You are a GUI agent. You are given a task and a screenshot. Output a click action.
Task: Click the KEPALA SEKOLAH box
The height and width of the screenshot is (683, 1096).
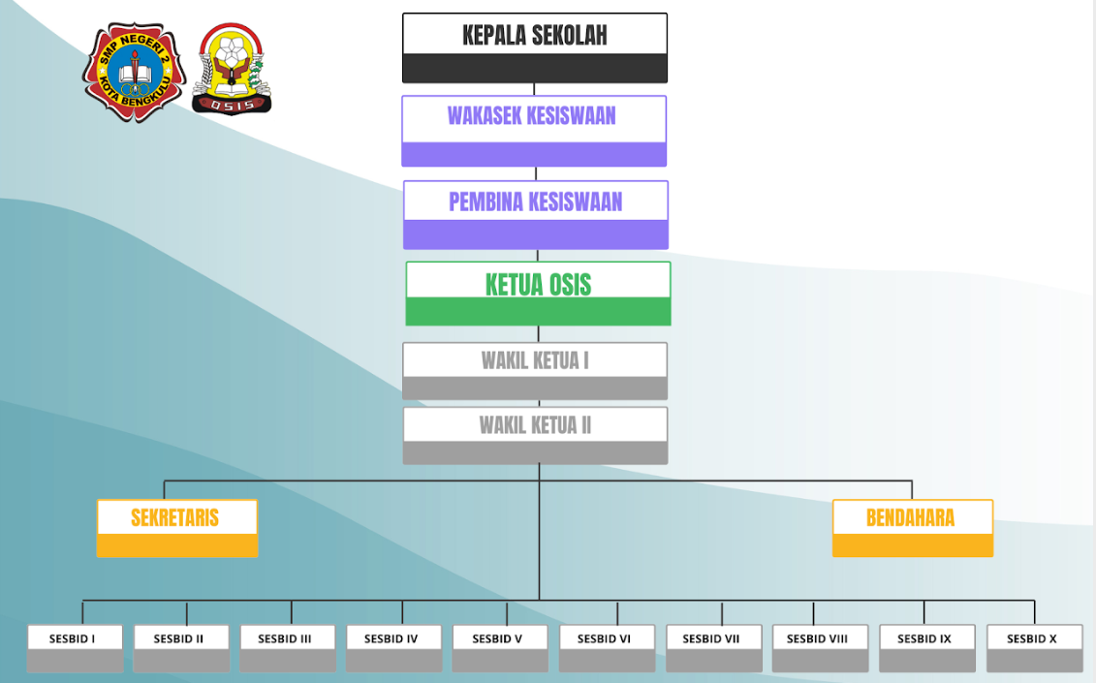535,47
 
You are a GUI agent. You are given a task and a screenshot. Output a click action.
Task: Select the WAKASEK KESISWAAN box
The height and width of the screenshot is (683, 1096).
534,131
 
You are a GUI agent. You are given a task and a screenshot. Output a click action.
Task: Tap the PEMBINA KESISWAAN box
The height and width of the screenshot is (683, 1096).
536,215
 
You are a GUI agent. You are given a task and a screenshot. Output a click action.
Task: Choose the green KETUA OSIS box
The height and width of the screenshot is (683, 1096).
538,294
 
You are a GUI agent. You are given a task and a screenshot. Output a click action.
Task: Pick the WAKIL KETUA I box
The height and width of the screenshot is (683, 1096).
535,371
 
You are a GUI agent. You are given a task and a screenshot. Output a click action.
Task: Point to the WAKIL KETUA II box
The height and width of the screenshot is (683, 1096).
535,435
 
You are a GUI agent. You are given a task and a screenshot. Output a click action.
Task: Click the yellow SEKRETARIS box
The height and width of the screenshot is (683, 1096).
177,528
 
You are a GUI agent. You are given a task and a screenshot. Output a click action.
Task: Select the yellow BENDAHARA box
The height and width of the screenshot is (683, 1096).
913,528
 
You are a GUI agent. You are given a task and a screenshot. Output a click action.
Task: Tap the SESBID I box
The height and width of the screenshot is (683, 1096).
75,648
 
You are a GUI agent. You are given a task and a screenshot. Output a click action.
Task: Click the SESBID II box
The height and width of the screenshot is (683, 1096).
181,648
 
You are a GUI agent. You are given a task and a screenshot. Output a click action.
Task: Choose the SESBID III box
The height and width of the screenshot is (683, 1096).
288,648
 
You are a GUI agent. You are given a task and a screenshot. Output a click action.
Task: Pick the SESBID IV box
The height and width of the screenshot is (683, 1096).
393,648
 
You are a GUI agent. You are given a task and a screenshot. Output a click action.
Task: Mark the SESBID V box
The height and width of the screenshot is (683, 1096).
500,648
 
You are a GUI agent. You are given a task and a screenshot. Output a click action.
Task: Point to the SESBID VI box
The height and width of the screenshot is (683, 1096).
607,648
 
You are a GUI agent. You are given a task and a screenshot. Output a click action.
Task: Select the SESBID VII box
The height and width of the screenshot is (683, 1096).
713,648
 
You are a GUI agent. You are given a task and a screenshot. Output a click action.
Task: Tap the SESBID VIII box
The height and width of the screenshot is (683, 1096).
820,648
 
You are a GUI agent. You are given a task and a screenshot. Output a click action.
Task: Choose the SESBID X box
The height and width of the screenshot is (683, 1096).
1034,648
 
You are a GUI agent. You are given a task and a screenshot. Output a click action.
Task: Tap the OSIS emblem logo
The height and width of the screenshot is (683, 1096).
232,70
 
